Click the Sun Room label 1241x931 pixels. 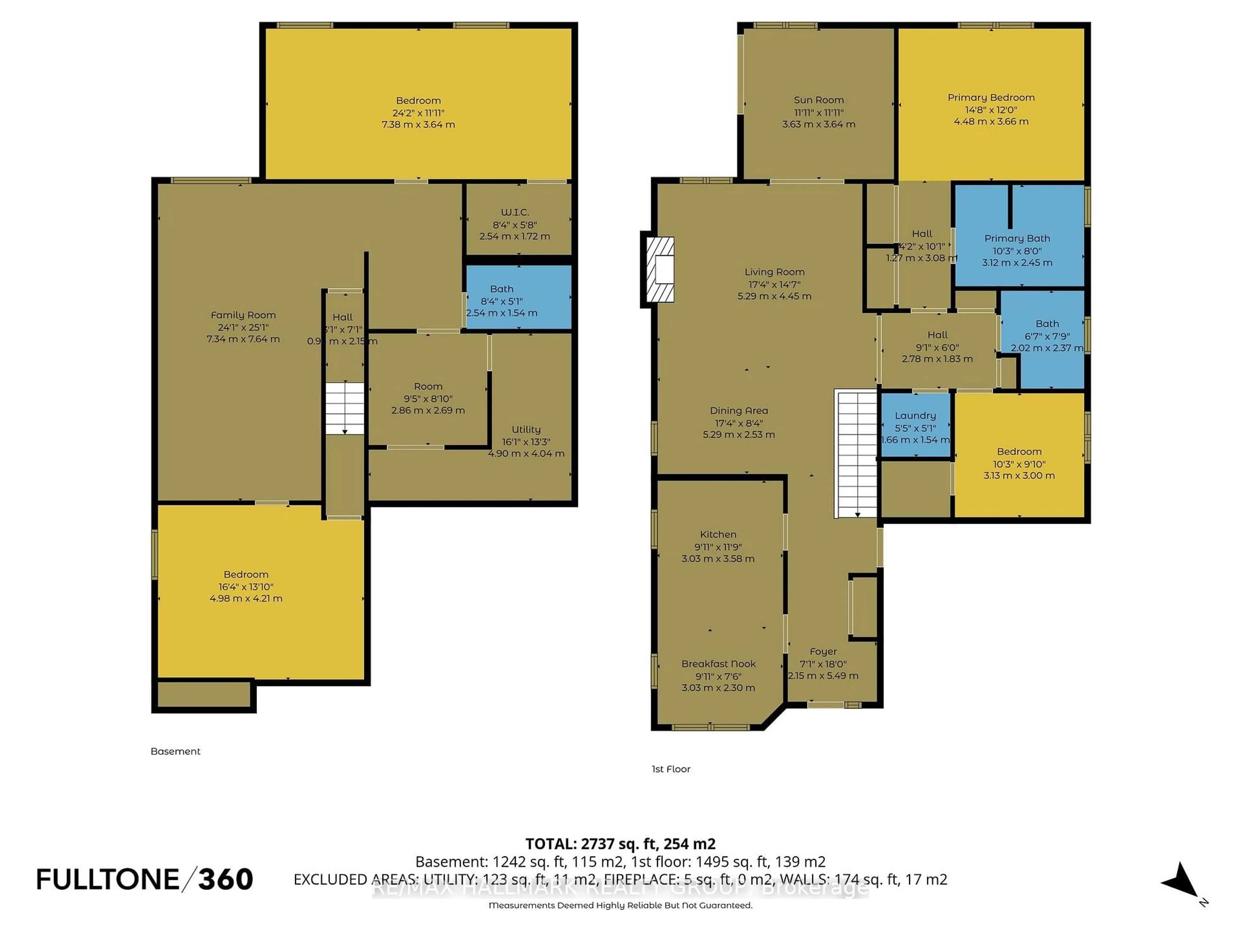pyautogui.click(x=819, y=100)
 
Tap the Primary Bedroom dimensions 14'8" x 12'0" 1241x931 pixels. pyautogui.click(x=991, y=110)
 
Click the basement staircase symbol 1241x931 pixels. pyautogui.click(x=345, y=408)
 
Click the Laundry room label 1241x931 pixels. pyautogui.click(x=915, y=415)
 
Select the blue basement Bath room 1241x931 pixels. pyautogui.click(x=518, y=297)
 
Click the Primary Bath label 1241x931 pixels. pyautogui.click(x=1017, y=239)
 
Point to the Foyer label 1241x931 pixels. pyautogui.click(x=823, y=651)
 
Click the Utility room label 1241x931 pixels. pyautogui.click(x=526, y=429)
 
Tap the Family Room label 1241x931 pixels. pyautogui.click(x=243, y=315)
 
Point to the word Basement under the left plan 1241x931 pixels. pyautogui.click(x=175, y=751)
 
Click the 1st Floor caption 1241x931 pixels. pyautogui.click(x=671, y=769)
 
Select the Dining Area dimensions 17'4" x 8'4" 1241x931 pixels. pyautogui.click(x=738, y=423)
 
